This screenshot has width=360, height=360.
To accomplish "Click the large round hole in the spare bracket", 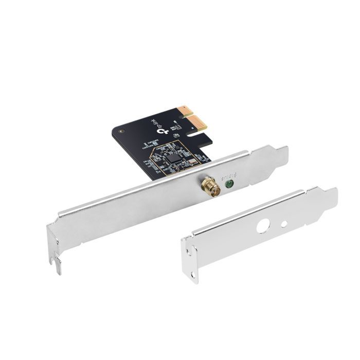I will [263, 227].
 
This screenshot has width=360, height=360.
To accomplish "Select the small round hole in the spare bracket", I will [283, 224].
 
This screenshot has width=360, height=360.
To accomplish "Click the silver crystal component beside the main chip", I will [192, 161].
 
